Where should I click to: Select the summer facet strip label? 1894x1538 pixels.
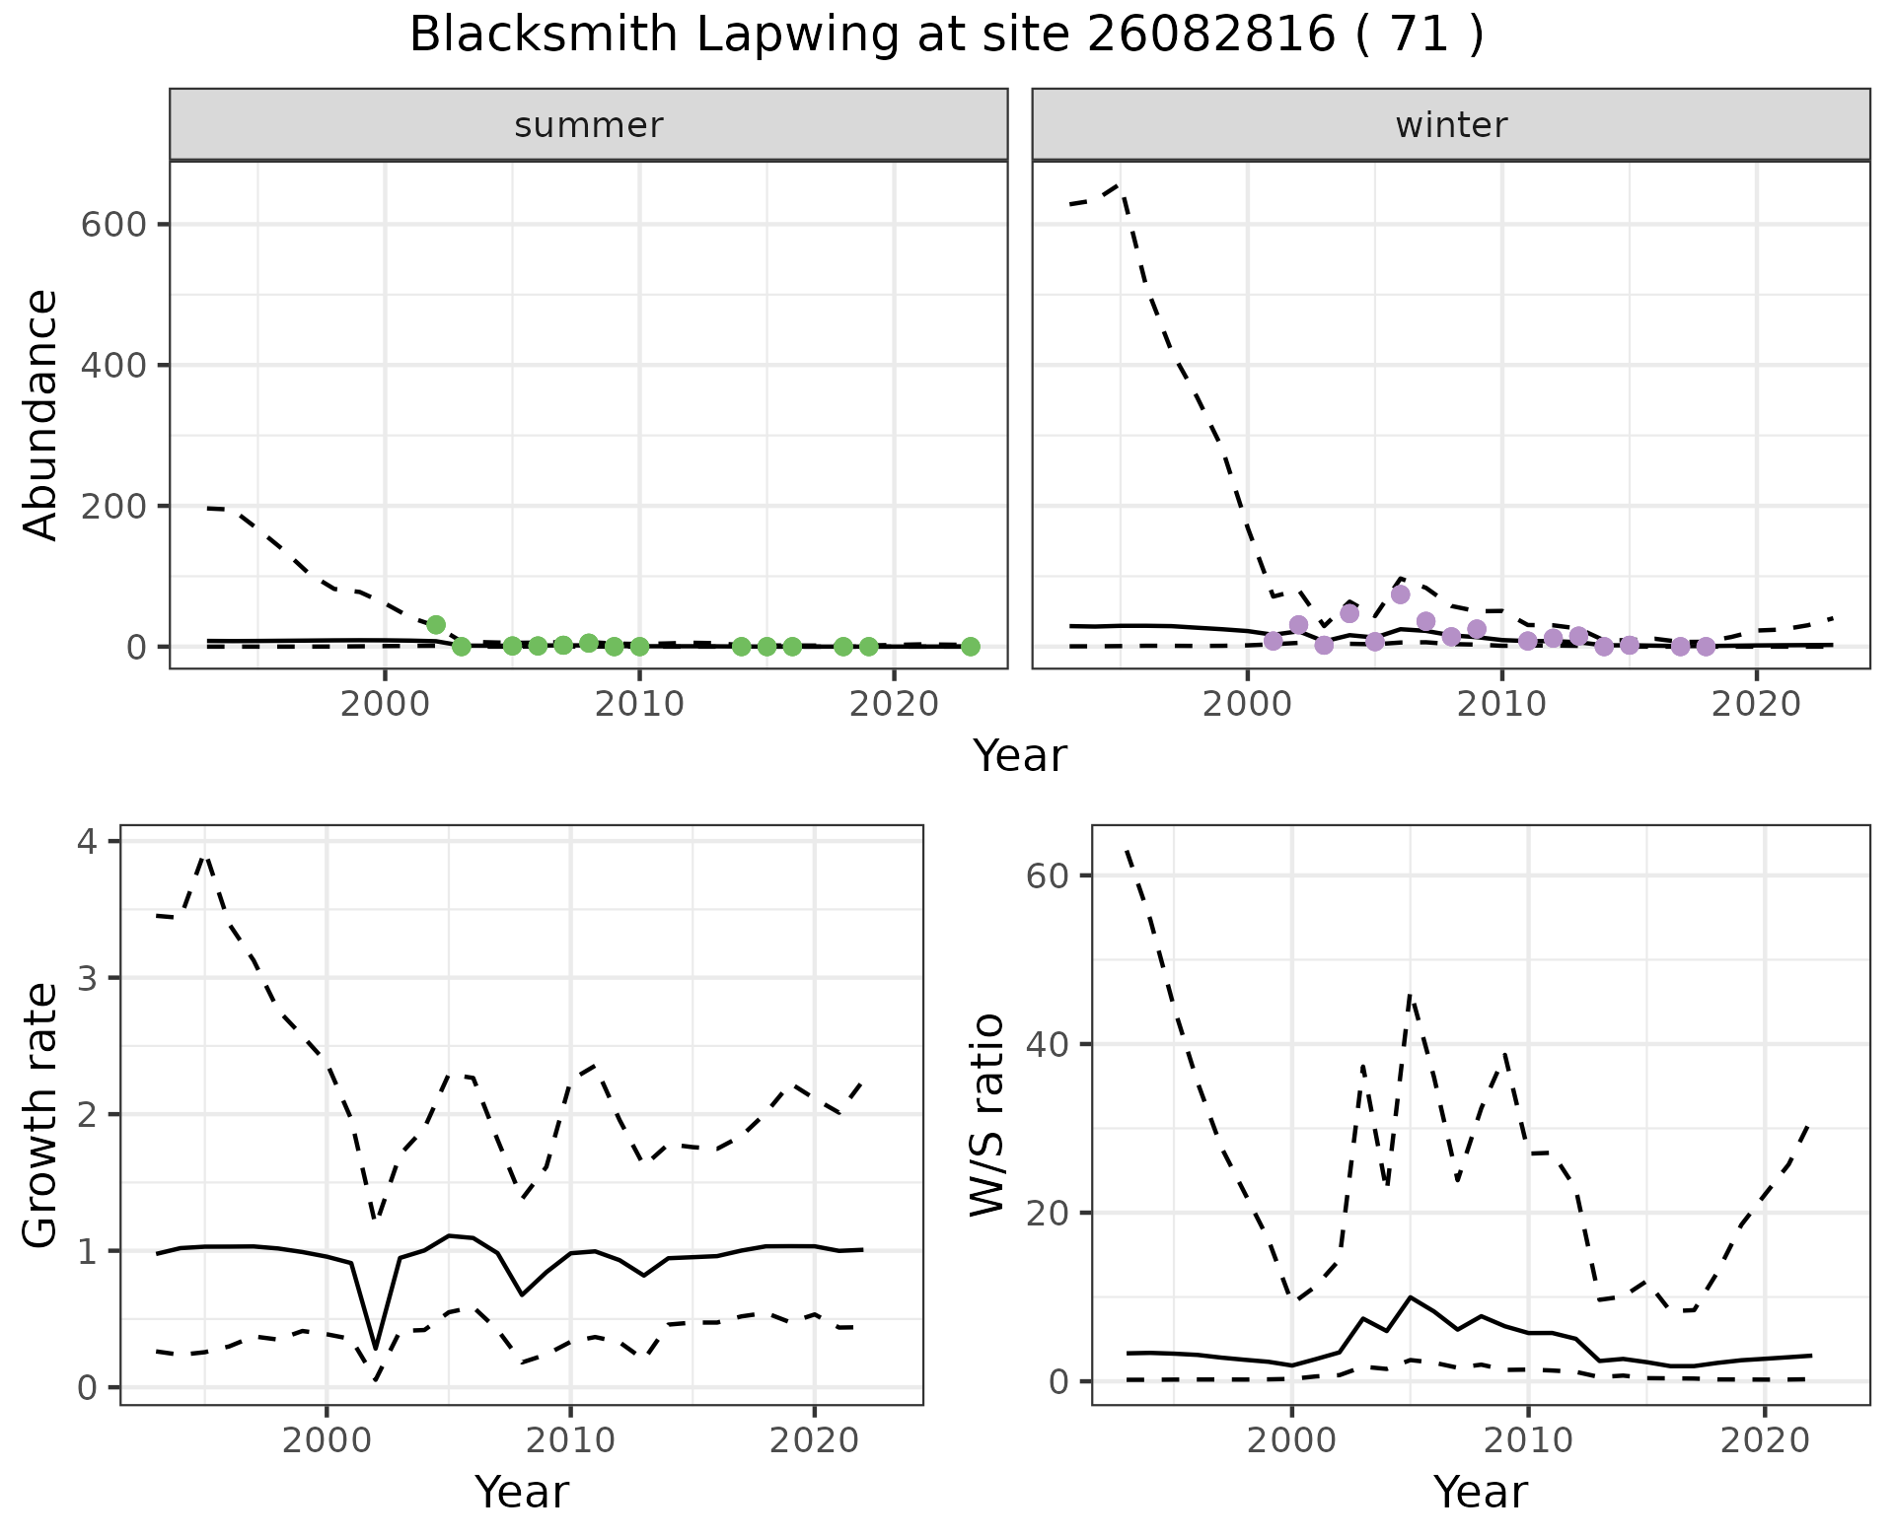point(589,125)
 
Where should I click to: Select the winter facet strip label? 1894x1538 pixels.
point(1451,125)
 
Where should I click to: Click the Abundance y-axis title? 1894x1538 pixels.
point(41,414)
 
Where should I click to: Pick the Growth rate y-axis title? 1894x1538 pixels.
point(41,1114)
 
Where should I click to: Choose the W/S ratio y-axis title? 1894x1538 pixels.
point(986,1114)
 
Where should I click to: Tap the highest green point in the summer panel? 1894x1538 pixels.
point(436,625)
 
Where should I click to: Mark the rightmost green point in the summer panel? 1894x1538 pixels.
point(970,647)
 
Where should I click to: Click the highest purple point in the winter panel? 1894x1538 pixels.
point(1400,594)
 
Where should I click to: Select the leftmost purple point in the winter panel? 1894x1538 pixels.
point(1273,641)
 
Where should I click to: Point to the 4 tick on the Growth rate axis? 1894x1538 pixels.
point(90,842)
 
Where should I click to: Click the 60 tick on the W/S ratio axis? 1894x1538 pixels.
point(1050,875)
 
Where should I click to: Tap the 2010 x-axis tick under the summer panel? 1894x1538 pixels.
point(639,704)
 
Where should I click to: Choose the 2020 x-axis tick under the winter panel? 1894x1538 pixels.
point(1756,704)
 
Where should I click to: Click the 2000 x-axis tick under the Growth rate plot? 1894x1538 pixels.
point(326,1440)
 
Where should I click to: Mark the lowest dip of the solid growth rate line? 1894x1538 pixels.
point(375,1348)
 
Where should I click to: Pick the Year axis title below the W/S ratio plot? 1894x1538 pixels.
point(1480,1492)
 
